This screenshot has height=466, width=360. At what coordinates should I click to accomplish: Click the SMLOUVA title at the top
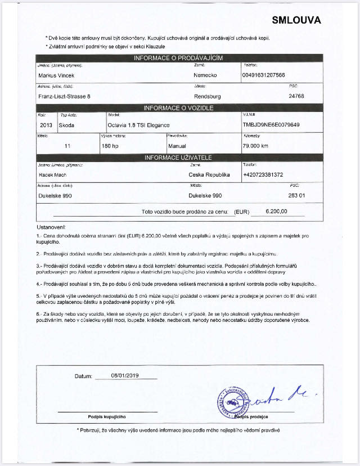click(296, 21)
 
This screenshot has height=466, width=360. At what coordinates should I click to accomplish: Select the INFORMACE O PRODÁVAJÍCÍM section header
click(179, 58)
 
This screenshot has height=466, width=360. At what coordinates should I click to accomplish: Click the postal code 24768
click(296, 96)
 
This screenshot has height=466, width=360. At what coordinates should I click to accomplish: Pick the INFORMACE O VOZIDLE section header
click(179, 107)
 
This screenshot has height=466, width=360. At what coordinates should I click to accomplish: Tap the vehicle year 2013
click(47, 124)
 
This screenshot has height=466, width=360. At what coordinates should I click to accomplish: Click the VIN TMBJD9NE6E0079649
click(271, 124)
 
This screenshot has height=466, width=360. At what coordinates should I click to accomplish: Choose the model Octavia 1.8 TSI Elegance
click(138, 124)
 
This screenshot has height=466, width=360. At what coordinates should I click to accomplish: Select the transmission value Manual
click(178, 146)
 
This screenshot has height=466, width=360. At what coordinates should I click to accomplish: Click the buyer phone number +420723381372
click(263, 175)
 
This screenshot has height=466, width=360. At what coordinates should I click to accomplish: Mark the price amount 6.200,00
click(276, 211)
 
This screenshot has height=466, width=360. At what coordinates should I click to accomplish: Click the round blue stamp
click(232, 402)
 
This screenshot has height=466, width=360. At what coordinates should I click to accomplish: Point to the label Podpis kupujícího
click(107, 416)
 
